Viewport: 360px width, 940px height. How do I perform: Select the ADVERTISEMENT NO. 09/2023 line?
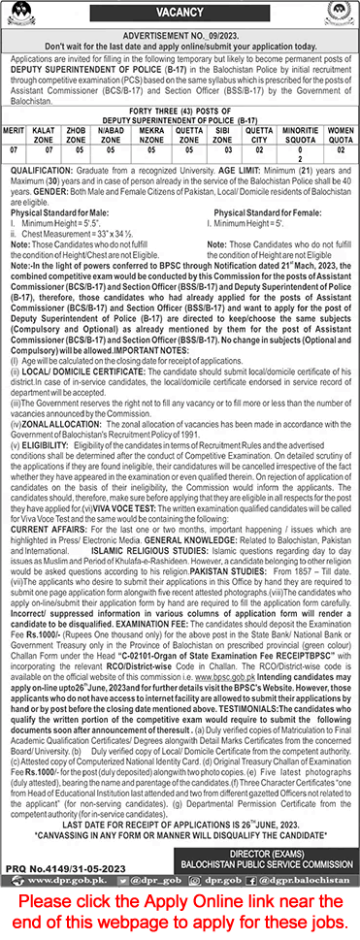180,33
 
